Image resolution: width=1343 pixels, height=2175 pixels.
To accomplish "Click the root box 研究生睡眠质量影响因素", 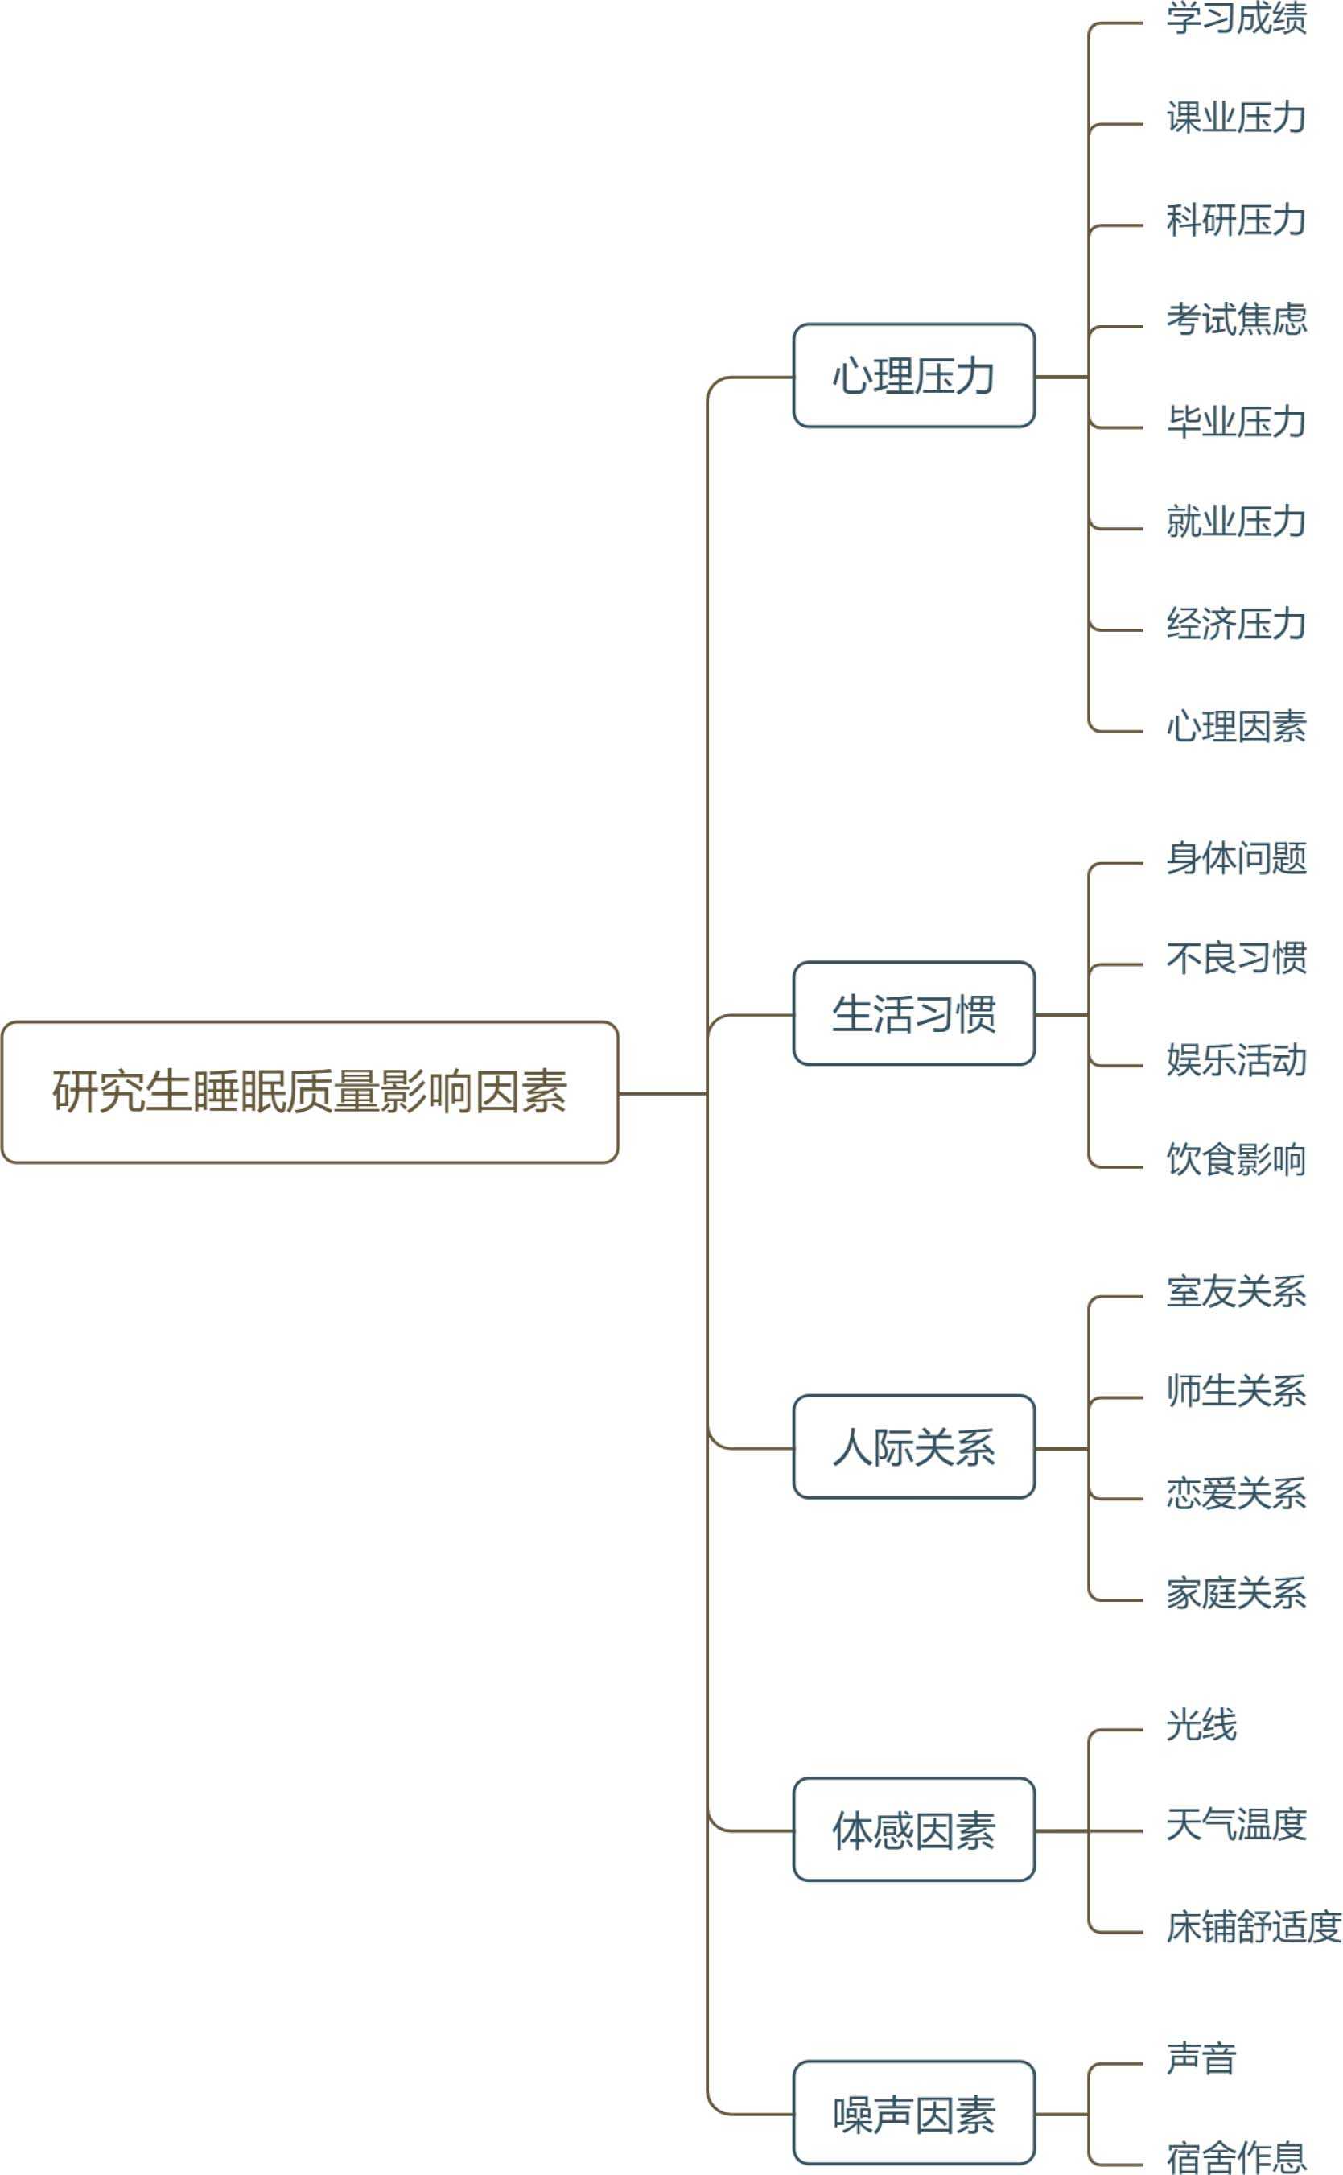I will (309, 1092).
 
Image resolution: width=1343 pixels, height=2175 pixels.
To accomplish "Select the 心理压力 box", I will (913, 376).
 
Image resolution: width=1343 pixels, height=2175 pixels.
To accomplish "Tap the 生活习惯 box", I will (913, 1013).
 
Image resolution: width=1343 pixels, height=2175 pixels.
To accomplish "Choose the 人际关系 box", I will (913, 1447).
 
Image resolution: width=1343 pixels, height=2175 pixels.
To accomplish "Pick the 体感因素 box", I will (913, 1831).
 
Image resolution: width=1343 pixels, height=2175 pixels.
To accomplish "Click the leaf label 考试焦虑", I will (1235, 320).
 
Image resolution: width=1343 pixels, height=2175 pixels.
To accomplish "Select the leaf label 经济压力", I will (1235, 625).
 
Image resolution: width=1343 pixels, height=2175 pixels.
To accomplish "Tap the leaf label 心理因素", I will (1235, 727).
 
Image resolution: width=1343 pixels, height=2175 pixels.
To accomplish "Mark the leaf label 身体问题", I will (1235, 858).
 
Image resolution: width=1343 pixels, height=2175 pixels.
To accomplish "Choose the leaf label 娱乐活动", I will (1235, 1060).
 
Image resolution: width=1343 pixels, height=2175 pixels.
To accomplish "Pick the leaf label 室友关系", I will (1235, 1292).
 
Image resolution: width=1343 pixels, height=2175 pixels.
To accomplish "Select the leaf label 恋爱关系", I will (1235, 1493).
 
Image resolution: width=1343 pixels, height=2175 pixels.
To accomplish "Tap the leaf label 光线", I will (1201, 1725).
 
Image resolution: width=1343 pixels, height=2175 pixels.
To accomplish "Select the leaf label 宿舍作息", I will (1235, 2157).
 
